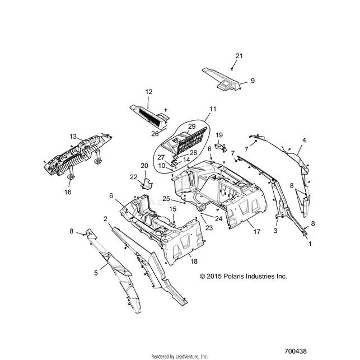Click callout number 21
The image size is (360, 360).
point(239,56)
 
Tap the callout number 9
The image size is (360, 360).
point(253,81)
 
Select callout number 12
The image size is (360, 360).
point(149,92)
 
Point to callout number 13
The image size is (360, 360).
point(73,137)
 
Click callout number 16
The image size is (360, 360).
point(68,192)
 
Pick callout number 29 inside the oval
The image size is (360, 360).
point(191,127)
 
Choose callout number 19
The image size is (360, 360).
point(219,135)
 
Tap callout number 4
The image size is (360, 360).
point(304,140)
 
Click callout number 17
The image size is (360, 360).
point(256,232)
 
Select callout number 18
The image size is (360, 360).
point(194,261)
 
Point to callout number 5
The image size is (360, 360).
point(96,273)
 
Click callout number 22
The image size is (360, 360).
point(134,177)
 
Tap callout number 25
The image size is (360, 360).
point(166,199)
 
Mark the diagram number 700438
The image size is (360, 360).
point(296,351)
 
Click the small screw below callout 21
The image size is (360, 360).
point(232,69)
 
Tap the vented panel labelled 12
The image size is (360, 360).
point(149,117)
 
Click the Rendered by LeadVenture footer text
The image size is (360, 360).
point(180,357)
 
